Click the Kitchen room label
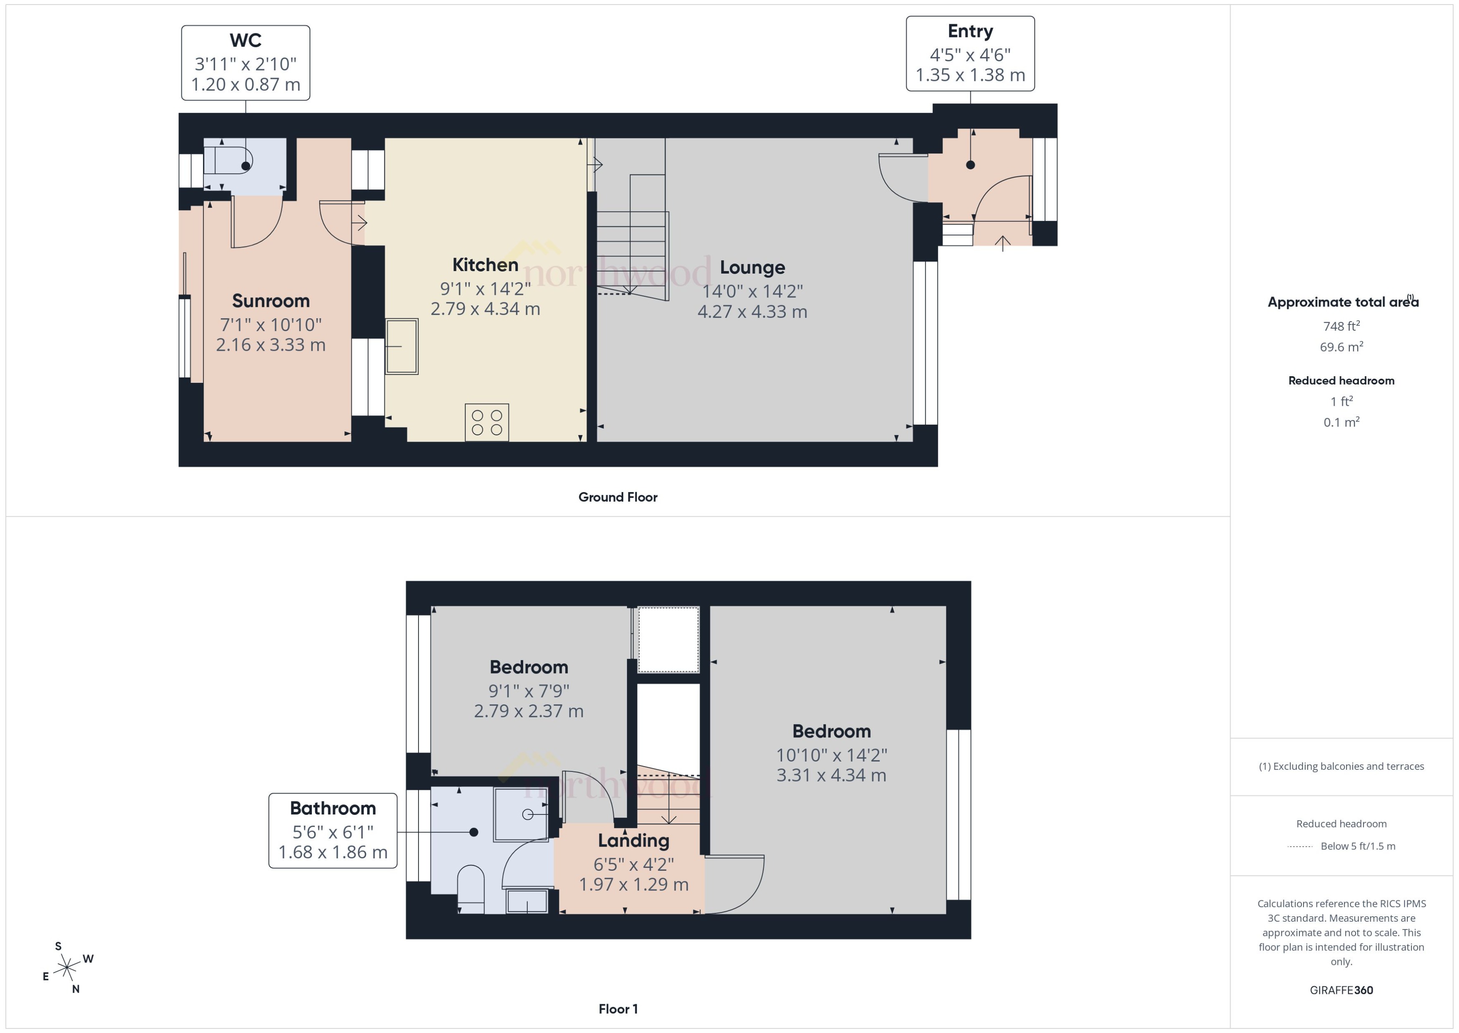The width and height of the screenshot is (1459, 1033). tap(485, 265)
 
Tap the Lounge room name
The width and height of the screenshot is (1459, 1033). tap(752, 267)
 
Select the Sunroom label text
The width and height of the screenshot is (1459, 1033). tap(271, 301)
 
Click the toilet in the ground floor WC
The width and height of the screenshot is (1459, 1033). tap(229, 160)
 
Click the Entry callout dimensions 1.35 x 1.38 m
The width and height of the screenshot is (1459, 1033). tap(970, 75)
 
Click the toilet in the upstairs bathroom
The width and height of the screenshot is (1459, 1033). tap(471, 887)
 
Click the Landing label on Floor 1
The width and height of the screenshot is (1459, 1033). tap(633, 841)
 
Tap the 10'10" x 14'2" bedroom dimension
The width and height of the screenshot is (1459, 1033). tap(831, 755)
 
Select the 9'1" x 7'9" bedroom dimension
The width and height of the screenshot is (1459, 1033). tap(528, 691)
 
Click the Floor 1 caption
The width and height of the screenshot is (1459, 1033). tap(617, 1009)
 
